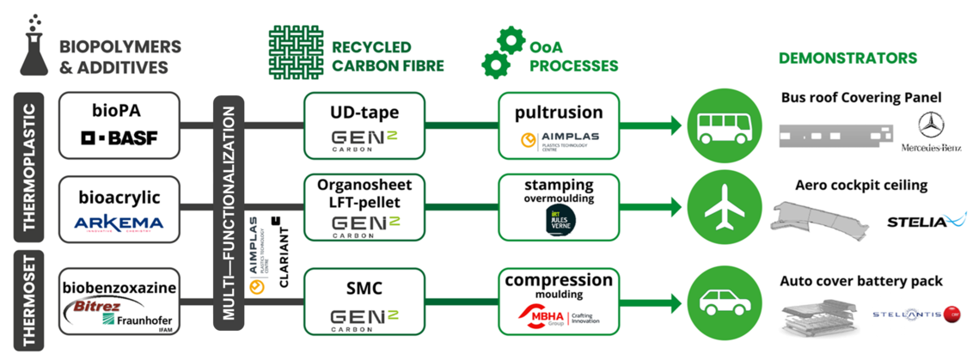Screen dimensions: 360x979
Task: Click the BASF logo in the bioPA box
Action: coord(119,137)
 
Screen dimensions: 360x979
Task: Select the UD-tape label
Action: coord(364,112)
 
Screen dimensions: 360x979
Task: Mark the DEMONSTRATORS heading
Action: coord(847,58)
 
